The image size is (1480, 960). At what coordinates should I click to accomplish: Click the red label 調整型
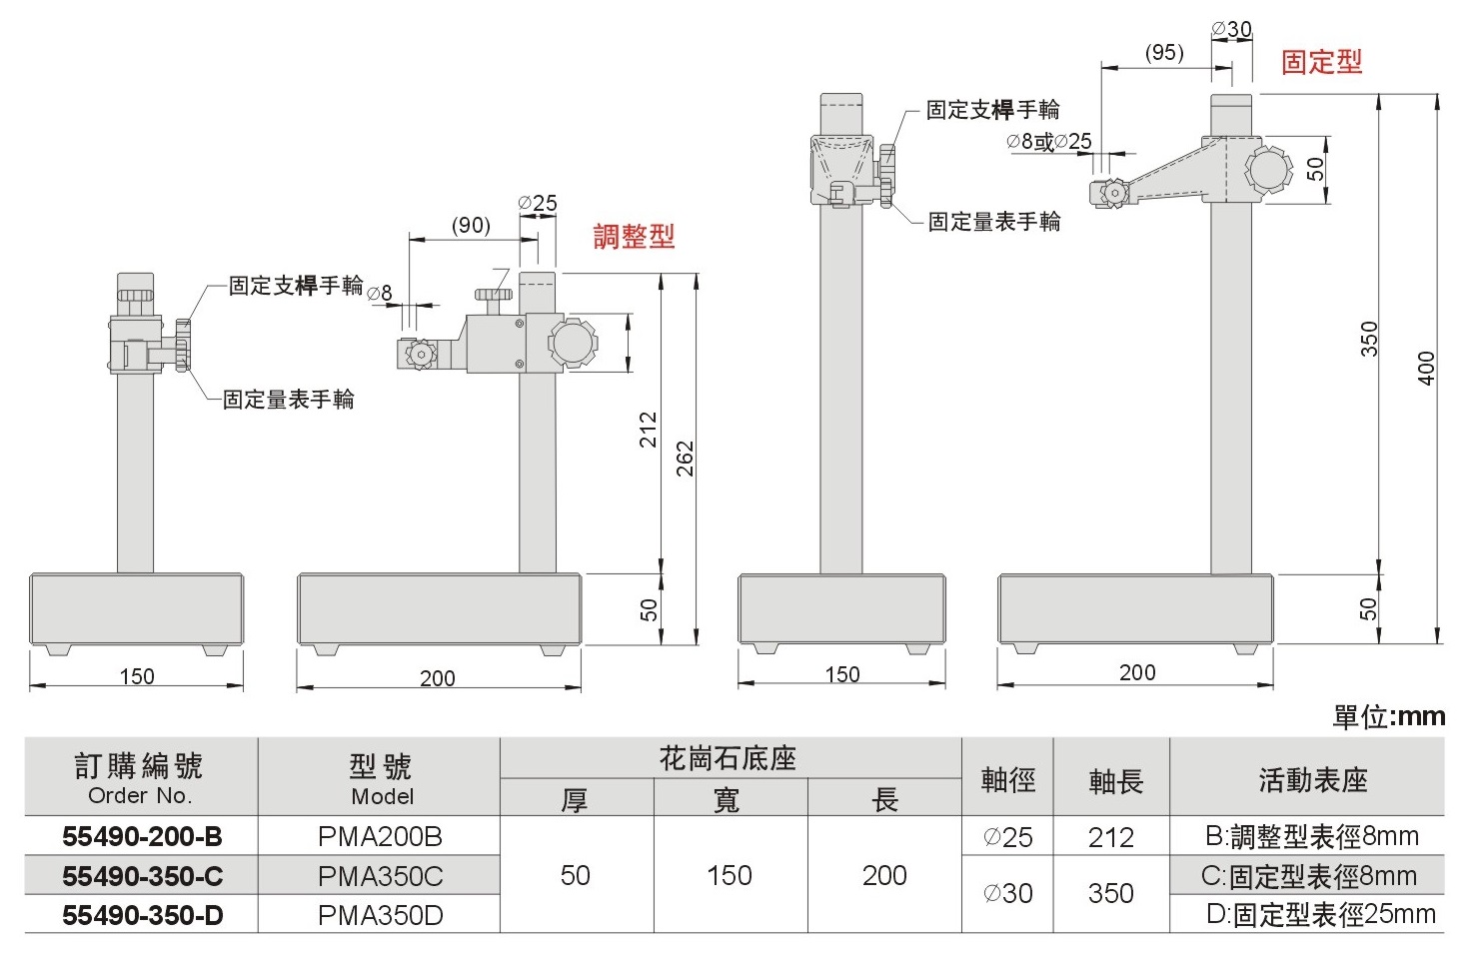pyautogui.click(x=634, y=237)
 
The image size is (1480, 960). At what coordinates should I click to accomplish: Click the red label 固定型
pyautogui.click(x=1321, y=62)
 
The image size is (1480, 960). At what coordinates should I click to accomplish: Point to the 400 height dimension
pyautogui.click(x=1426, y=368)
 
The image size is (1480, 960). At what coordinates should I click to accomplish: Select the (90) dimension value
pyautogui.click(x=471, y=225)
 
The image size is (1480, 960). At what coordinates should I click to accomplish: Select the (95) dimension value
pyautogui.click(x=1164, y=52)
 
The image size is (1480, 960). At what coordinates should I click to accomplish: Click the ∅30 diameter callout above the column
pyautogui.click(x=1231, y=29)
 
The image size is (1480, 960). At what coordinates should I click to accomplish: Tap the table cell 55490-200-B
pyautogui.click(x=142, y=836)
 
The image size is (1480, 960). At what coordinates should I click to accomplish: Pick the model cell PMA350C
pyautogui.click(x=380, y=876)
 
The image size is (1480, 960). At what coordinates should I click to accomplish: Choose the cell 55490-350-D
pyautogui.click(x=142, y=915)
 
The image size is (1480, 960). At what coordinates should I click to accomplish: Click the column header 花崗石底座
pyautogui.click(x=728, y=759)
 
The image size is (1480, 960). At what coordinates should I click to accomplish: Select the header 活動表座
pyautogui.click(x=1313, y=779)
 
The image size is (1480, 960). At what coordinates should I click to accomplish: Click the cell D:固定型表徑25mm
pyautogui.click(x=1320, y=914)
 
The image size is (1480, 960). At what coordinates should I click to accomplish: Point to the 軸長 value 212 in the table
pyautogui.click(x=1110, y=837)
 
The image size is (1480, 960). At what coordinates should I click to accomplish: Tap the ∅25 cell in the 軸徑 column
pyautogui.click(x=1007, y=837)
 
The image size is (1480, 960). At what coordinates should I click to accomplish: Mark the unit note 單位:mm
pyautogui.click(x=1389, y=716)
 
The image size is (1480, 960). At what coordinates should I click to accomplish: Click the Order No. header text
pyautogui.click(x=140, y=795)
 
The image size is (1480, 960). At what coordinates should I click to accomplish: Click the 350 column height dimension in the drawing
pyautogui.click(x=1369, y=339)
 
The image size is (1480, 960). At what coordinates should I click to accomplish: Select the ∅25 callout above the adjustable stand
pyautogui.click(x=538, y=203)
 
